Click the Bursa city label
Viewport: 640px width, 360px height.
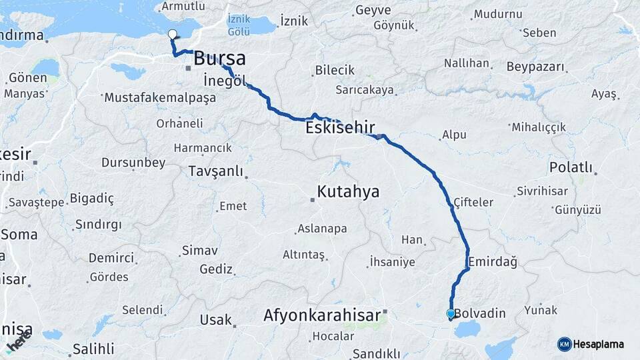click(219, 58)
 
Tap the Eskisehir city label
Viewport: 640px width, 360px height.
click(340, 127)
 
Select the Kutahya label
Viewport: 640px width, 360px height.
click(348, 192)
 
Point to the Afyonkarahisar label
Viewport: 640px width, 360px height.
click(322, 314)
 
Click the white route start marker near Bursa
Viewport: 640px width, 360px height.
click(173, 35)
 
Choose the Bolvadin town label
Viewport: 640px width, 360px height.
click(480, 313)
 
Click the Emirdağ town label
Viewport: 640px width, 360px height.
click(493, 262)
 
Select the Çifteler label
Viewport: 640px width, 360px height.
click(473, 202)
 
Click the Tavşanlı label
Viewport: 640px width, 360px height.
click(216, 171)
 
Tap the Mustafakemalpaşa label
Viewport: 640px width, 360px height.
click(161, 98)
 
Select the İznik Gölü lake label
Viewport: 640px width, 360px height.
click(239, 25)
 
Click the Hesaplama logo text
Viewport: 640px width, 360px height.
click(599, 344)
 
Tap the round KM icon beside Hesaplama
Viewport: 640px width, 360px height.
click(565, 344)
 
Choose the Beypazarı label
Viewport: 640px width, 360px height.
click(535, 67)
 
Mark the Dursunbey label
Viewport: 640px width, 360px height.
click(133, 162)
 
